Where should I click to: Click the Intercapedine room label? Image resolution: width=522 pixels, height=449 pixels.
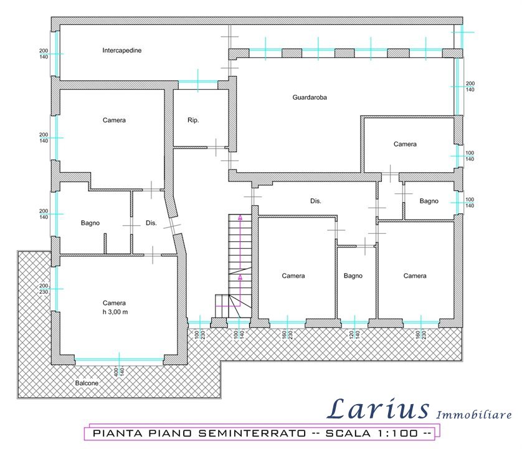point(122,51)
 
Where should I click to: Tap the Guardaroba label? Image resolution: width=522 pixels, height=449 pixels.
point(310,97)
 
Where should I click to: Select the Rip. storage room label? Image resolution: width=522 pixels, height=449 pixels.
point(193,120)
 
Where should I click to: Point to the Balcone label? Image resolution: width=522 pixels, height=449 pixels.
point(87,383)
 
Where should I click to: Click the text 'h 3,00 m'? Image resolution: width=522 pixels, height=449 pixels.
point(115,312)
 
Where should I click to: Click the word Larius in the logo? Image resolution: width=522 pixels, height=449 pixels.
point(378,408)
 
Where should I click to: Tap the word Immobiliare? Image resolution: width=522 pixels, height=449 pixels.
point(474,415)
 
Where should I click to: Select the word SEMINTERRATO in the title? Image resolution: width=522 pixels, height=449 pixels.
point(252,433)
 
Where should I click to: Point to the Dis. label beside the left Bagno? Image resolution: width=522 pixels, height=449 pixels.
point(151,223)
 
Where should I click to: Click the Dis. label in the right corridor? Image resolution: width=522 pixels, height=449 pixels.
point(316,201)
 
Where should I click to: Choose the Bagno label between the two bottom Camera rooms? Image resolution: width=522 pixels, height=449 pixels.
point(353,276)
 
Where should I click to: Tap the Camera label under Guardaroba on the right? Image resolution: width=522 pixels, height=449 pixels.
point(405,144)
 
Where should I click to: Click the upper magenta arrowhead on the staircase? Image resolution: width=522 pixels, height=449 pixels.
point(240,218)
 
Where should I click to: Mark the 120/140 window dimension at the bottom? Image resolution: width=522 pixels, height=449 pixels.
point(354,334)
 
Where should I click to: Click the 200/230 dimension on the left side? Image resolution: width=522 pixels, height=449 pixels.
point(44,289)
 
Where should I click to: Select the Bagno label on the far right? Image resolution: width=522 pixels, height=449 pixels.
point(429,201)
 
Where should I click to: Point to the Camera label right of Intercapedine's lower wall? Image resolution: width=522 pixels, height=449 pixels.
point(114,120)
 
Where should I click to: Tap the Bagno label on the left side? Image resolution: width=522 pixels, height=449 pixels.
point(90,223)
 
